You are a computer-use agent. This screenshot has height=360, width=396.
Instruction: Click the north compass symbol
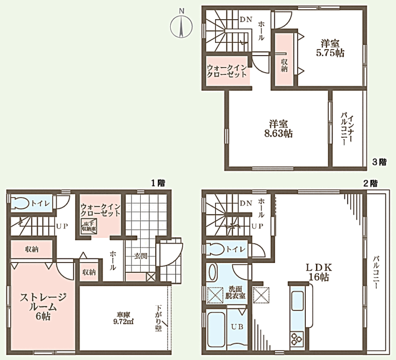point(181,25)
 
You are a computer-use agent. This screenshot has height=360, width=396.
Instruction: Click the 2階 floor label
point(370,183)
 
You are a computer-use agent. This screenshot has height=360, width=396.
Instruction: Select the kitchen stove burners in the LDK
point(296,338)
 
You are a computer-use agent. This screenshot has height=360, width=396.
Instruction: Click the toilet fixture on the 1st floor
point(23,203)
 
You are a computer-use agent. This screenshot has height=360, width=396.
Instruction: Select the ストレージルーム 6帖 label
point(43,306)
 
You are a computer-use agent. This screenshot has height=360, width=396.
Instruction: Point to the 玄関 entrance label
point(141,256)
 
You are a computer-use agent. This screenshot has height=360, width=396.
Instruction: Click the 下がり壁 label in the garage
point(158,319)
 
